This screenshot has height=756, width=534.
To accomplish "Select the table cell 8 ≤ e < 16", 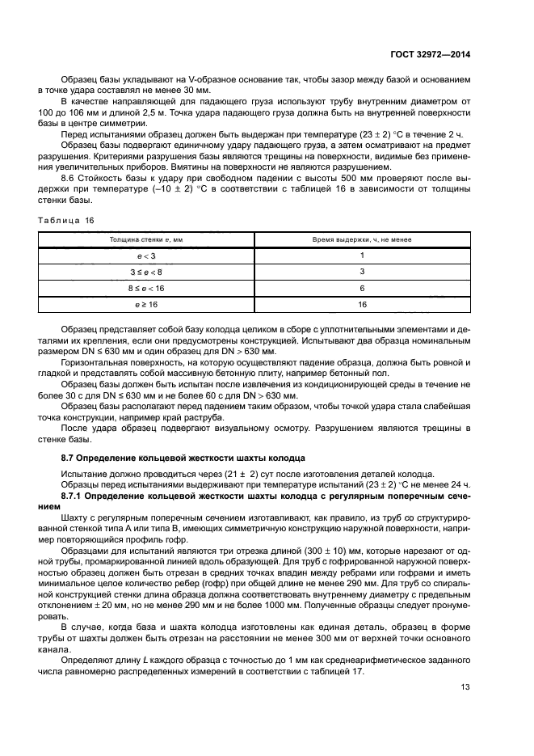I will pyautogui.click(x=147, y=289).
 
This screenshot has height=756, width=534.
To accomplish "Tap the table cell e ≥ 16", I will pyautogui.click(x=147, y=305).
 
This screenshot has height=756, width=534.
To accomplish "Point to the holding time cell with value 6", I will pyautogui.click(x=362, y=289).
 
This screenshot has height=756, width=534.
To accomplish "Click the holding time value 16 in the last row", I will pyautogui.click(x=362, y=305).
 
